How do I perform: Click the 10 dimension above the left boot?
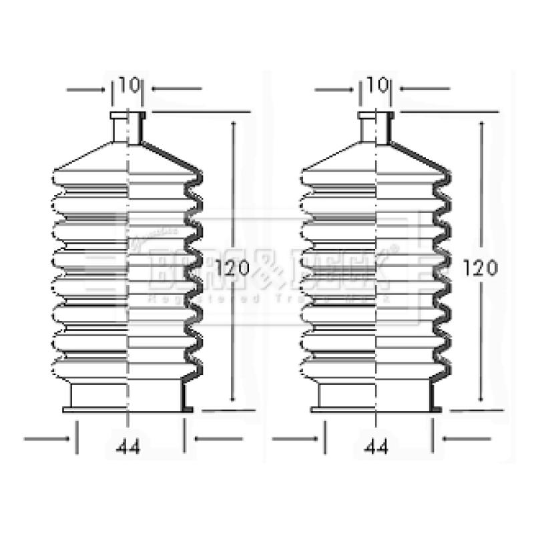coord(127,85)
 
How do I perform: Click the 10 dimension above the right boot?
coord(376,85)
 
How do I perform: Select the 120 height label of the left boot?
coord(233,268)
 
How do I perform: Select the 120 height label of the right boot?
coord(481,268)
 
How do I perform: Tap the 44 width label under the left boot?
coord(127,449)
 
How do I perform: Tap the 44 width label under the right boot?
coord(376,449)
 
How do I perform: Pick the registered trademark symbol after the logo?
coord(394,249)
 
